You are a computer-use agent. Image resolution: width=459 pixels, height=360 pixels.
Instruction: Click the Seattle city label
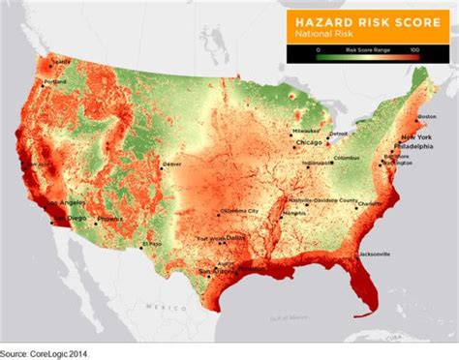(61, 63)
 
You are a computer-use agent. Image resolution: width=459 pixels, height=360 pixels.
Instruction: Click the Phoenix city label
(110, 219)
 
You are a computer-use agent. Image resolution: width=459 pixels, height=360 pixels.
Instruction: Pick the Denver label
(172, 165)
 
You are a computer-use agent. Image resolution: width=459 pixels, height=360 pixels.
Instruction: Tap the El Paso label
(149, 243)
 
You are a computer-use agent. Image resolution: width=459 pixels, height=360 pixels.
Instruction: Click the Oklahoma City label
(238, 210)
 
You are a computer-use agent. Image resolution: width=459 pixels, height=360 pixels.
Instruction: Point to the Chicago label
(309, 143)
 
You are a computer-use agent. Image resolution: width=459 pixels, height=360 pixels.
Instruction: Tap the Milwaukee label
(307, 126)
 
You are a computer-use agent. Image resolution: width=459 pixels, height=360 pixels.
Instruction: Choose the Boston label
(427, 116)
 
